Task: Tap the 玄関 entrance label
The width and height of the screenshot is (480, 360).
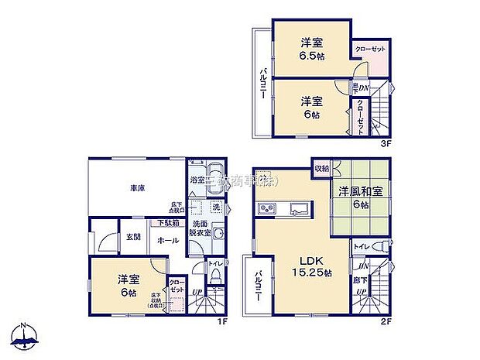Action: pyautogui.click(x=134, y=238)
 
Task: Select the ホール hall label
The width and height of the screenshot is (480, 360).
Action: pyautogui.click(x=168, y=241)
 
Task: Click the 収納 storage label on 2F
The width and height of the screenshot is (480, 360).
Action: pyautogui.click(x=322, y=168)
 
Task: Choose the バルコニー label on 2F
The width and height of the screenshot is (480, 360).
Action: pyautogui.click(x=256, y=287)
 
